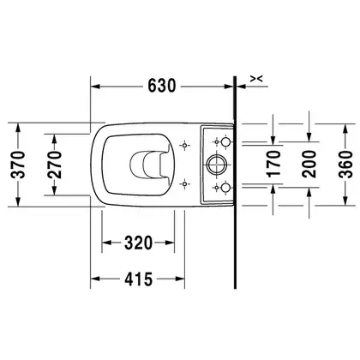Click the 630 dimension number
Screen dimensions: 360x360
point(161,86)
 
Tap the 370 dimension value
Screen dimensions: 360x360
point(18,165)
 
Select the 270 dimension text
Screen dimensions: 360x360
point(54,165)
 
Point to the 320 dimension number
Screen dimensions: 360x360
point(138,243)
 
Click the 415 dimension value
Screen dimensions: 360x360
point(139,279)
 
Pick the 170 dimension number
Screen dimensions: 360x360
point(274,164)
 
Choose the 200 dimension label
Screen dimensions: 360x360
point(309,164)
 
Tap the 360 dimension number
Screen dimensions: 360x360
point(345,165)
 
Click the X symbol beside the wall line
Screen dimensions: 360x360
point(256,79)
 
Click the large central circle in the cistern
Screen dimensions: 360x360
point(217,165)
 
